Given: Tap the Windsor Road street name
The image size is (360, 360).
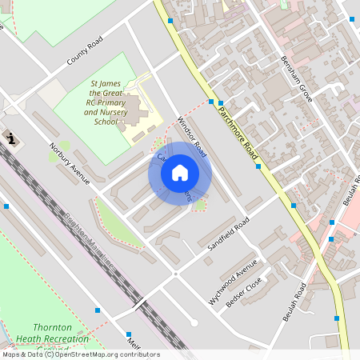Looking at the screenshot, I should click(192, 137).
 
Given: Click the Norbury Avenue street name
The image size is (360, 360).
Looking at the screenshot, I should click(70, 163).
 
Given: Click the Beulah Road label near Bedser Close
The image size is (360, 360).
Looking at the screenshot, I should click(294, 302).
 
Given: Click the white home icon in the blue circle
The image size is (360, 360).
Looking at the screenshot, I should click(180, 173).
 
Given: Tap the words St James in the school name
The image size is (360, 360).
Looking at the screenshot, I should click(106, 83).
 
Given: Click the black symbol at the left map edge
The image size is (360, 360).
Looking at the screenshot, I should click(10, 138).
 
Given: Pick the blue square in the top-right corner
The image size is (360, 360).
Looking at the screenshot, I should click(352, 18).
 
